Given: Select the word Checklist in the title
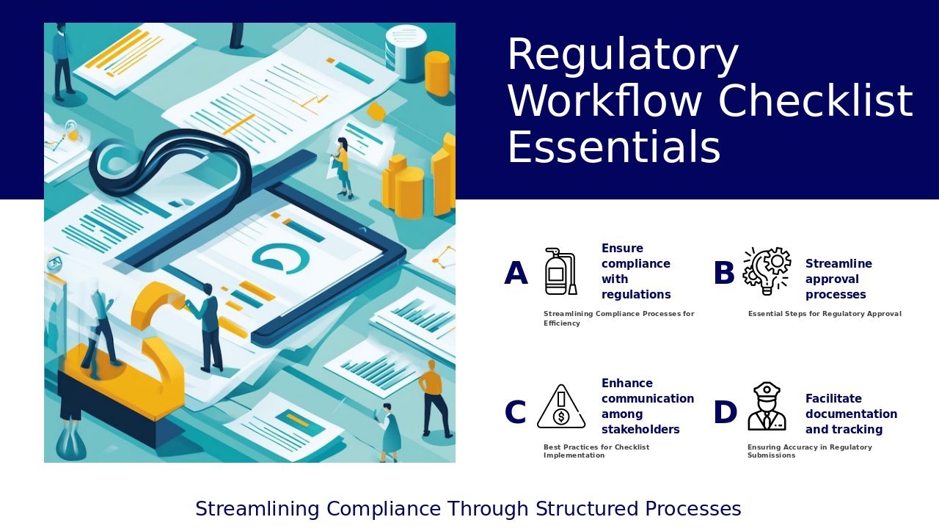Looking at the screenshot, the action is (816, 100).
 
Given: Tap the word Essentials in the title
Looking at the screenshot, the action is (614, 147).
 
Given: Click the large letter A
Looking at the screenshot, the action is (516, 273).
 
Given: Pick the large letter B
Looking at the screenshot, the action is (724, 273).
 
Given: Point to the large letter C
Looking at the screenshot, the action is (515, 412).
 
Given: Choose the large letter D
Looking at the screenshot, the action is (726, 412).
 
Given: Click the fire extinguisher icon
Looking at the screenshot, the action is (561, 271).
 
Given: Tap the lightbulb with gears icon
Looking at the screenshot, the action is (767, 271).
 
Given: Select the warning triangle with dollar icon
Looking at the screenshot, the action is (561, 406).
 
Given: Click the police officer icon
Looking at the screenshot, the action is (767, 406).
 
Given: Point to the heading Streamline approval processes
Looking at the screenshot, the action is (838, 279).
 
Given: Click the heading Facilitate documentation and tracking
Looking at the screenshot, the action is (851, 414).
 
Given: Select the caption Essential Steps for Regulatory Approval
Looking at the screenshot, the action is (825, 314).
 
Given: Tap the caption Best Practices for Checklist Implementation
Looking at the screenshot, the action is (596, 451).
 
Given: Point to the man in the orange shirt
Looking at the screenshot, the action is (434, 400).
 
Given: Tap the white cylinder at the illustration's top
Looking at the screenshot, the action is (405, 52).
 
